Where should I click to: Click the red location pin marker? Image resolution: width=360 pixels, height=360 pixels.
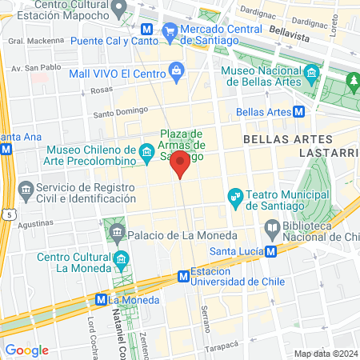[180, 165]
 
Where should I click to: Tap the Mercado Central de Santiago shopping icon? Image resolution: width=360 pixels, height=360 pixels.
[169, 30]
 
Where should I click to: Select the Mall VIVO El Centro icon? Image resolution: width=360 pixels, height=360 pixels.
[176, 73]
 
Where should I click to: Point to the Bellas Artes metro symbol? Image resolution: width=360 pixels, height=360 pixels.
[298, 112]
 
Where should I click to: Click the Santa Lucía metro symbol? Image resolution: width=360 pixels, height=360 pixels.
[271, 250]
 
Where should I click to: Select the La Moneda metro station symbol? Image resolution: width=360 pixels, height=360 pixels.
[101, 300]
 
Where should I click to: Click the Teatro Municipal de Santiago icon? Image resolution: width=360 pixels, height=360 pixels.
[235, 195]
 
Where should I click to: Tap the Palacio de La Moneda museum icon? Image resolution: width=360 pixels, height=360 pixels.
[118, 234]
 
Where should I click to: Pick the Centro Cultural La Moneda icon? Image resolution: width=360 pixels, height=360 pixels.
[121, 258]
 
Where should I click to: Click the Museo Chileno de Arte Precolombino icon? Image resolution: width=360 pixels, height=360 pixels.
[146, 151]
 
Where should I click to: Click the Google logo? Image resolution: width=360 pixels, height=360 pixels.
[26, 350]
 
